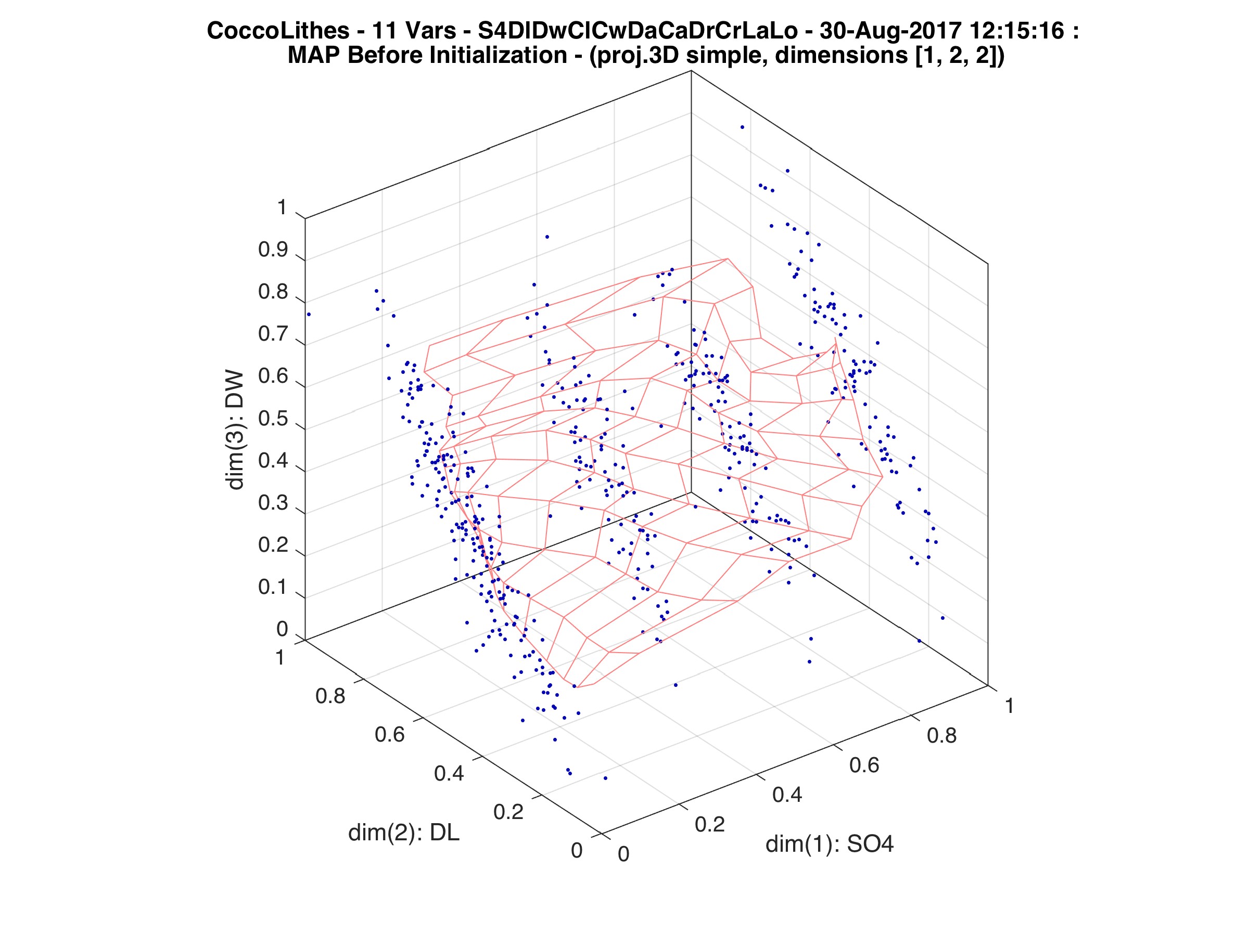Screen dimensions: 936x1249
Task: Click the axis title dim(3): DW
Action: click(x=234, y=430)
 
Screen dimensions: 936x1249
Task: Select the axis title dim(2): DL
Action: click(x=404, y=833)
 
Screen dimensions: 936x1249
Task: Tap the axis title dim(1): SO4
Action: click(x=830, y=844)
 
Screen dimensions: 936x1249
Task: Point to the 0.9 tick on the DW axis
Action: click(x=273, y=250)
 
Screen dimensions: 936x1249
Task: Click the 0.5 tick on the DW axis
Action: click(x=273, y=419)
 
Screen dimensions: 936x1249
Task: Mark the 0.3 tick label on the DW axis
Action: click(x=273, y=503)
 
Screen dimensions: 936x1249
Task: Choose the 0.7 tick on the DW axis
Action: click(x=273, y=334)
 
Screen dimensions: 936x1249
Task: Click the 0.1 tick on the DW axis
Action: click(x=273, y=587)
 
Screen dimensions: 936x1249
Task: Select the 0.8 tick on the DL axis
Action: click(x=330, y=696)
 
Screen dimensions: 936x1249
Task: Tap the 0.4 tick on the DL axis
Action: click(x=449, y=773)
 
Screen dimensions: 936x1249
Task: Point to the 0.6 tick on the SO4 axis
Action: click(x=864, y=765)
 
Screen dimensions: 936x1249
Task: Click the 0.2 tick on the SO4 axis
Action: click(x=710, y=824)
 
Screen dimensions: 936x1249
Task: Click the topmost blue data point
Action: click(x=742, y=127)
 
